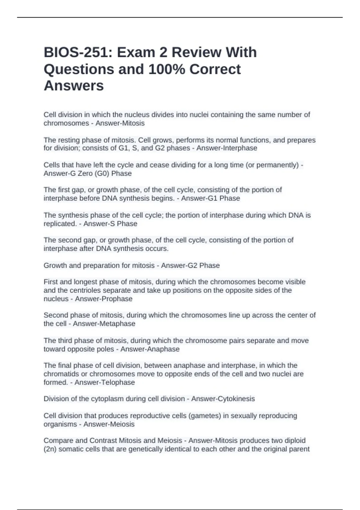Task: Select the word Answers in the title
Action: point(74,86)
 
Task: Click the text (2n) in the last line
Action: point(50,449)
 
